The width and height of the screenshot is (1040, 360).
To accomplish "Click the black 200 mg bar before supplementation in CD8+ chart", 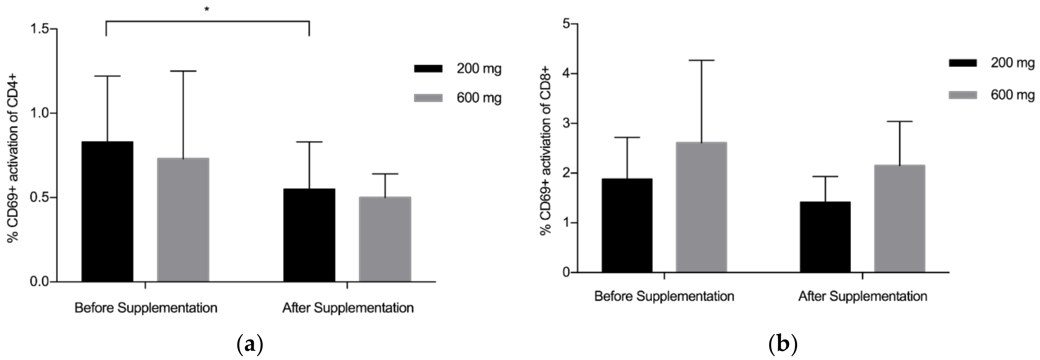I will coord(627,225).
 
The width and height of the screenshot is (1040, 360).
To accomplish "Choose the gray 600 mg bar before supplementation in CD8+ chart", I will coord(701,207).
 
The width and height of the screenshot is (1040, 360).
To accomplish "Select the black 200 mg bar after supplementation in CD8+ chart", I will coord(825,237).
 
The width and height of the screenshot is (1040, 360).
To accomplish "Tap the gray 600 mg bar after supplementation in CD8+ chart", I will coord(899,218).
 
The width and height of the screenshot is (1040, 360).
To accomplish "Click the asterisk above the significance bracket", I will coord(207,9).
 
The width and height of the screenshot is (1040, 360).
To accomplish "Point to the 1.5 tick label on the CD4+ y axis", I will coord(39,29).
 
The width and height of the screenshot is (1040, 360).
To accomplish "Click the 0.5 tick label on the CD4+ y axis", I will coord(39,197).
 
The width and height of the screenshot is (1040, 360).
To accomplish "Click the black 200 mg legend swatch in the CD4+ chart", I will coord(428,69).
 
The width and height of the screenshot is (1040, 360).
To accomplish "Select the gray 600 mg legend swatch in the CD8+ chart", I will coord(962,95).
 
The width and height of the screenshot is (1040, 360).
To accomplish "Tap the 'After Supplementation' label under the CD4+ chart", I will coord(348,308).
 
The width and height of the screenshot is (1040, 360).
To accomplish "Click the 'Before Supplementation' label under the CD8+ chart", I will coord(664,296).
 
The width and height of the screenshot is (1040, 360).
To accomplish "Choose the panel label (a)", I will coord(249,345).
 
